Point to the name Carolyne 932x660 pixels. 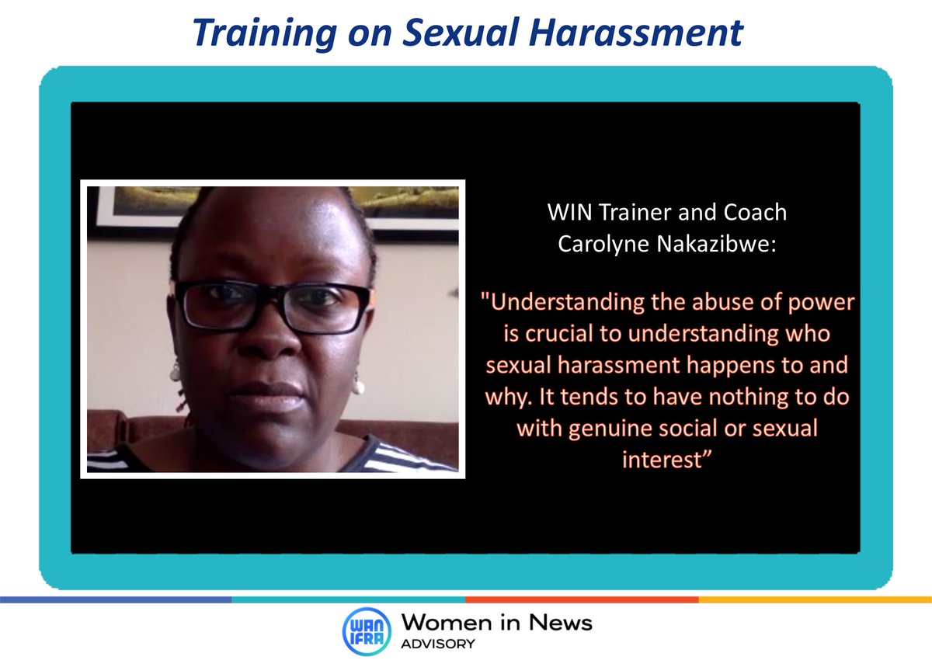click(x=600, y=244)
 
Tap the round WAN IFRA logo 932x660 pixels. click(x=365, y=632)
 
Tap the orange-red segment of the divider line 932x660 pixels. click(x=582, y=599)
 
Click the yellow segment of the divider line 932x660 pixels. click(x=815, y=599)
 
